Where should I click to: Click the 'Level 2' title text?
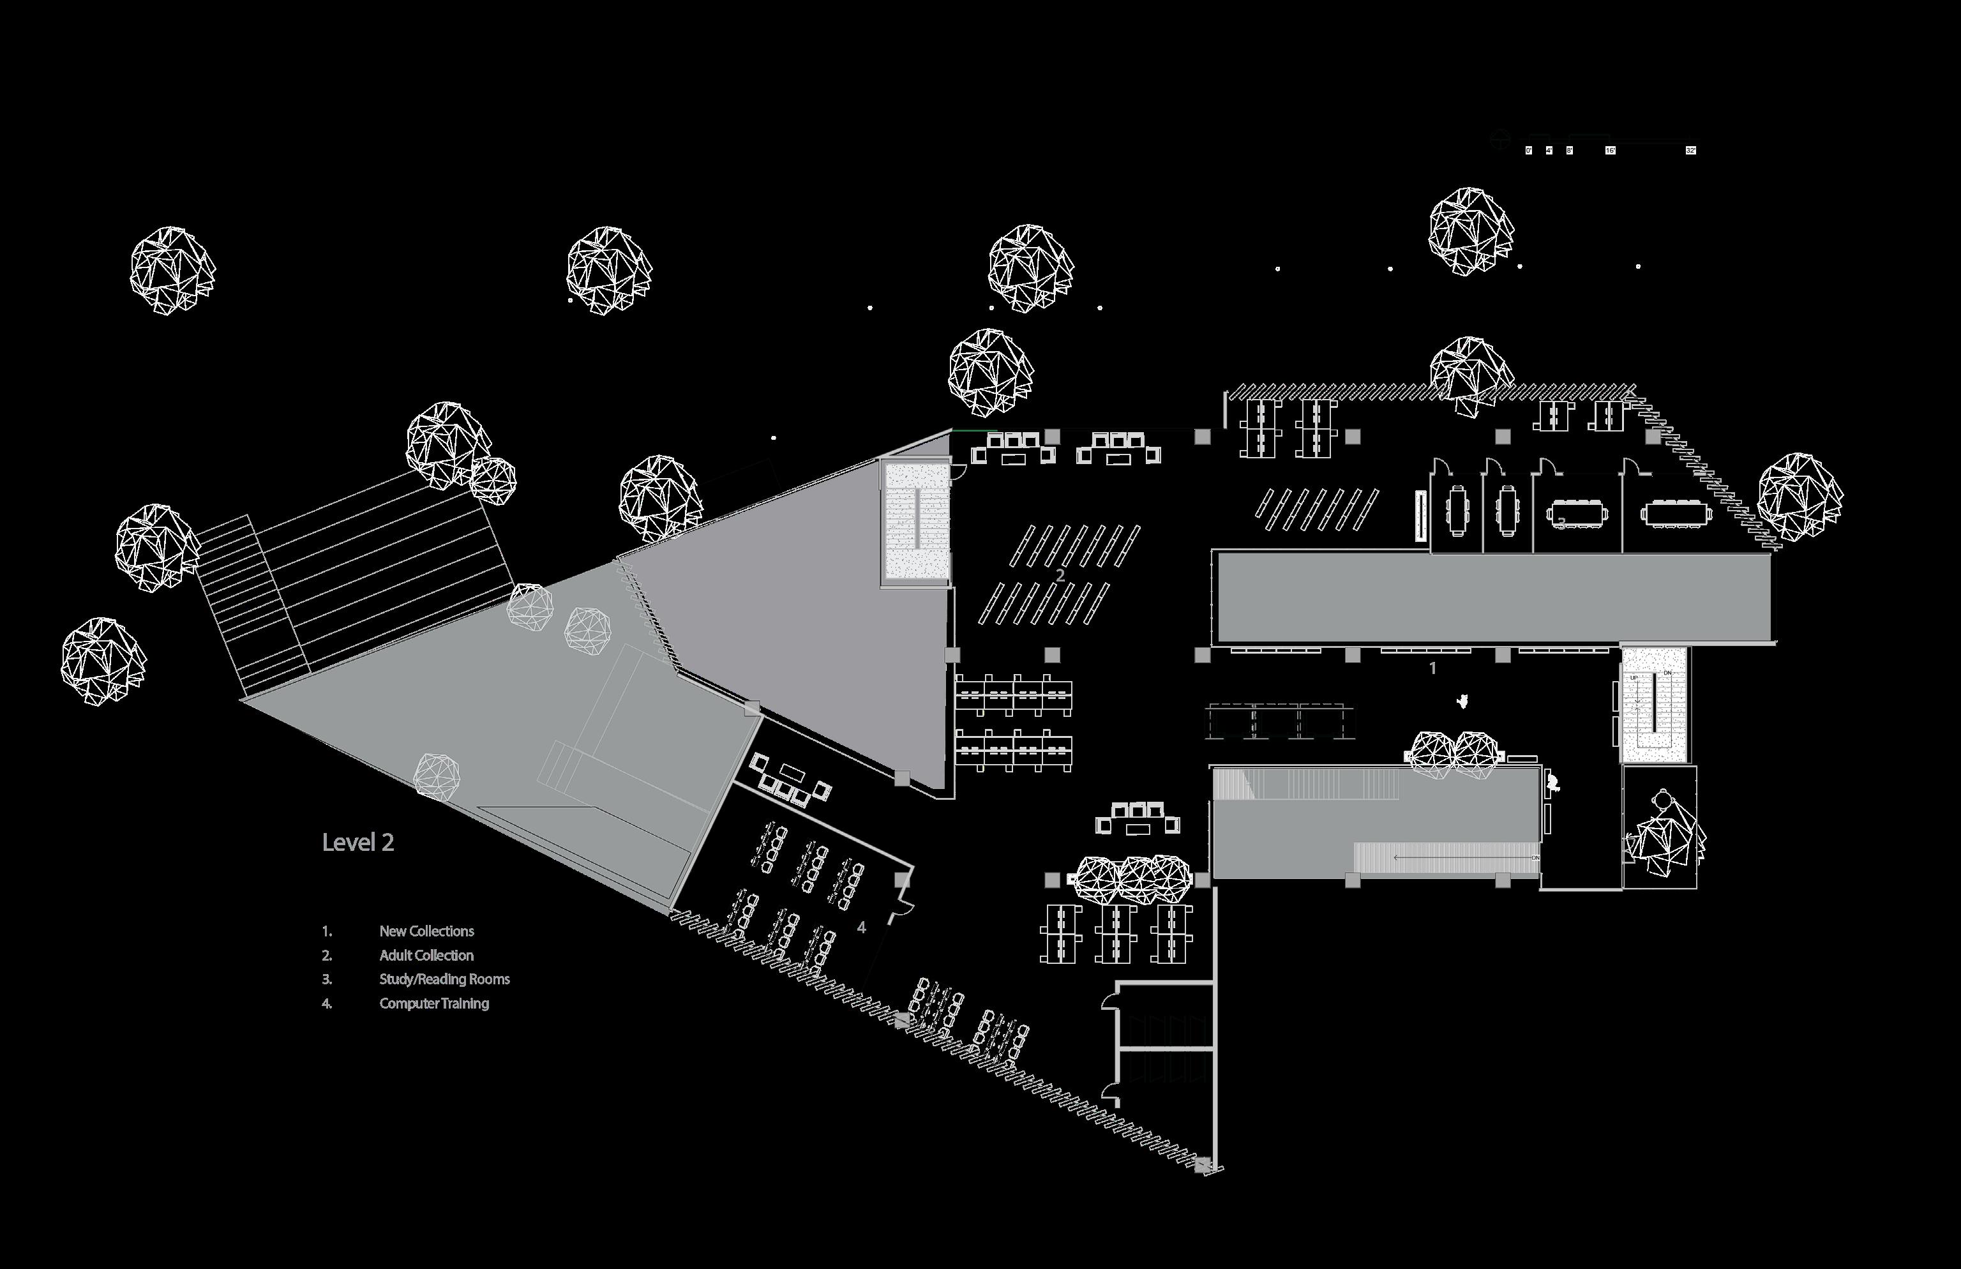(357, 842)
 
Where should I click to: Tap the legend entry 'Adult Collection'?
(426, 955)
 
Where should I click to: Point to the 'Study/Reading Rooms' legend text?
(444, 979)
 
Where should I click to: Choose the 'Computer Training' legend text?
(433, 1003)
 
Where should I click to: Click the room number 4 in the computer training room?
(861, 927)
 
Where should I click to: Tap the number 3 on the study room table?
(1559, 522)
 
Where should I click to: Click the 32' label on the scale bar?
(1691, 151)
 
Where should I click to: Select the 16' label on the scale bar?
(1610, 151)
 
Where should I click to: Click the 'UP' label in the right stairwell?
(1634, 678)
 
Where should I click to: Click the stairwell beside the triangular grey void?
(916, 524)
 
